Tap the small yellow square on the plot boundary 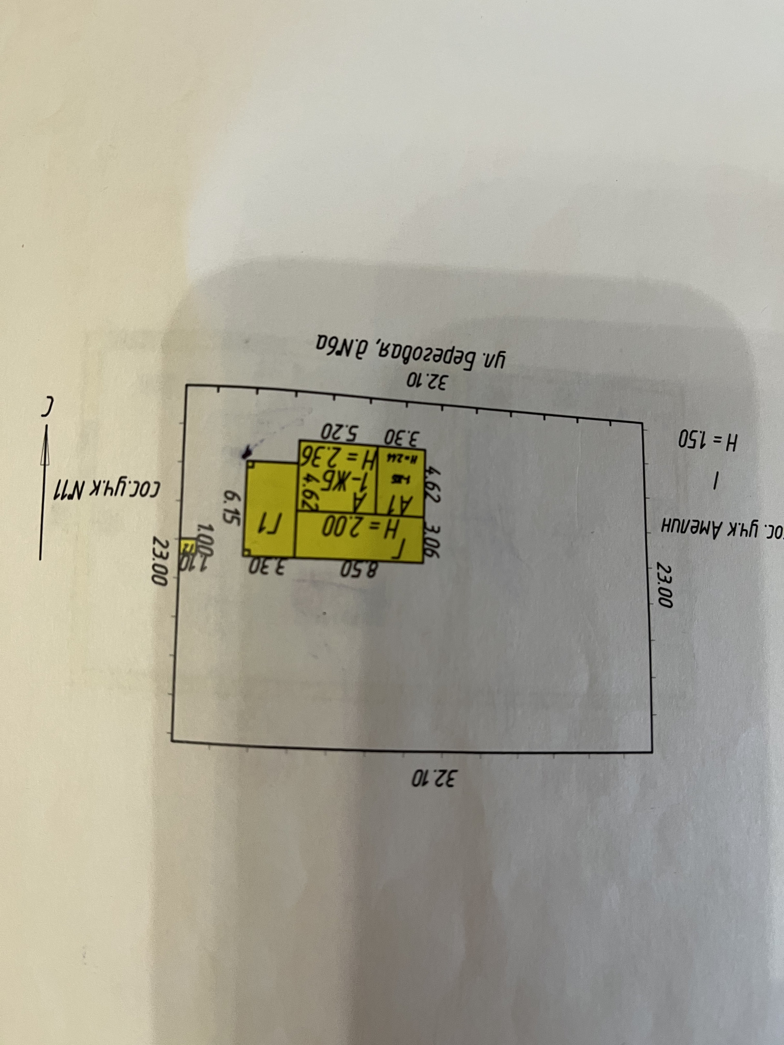pos(189,546)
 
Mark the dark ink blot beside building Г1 pos(247,453)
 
